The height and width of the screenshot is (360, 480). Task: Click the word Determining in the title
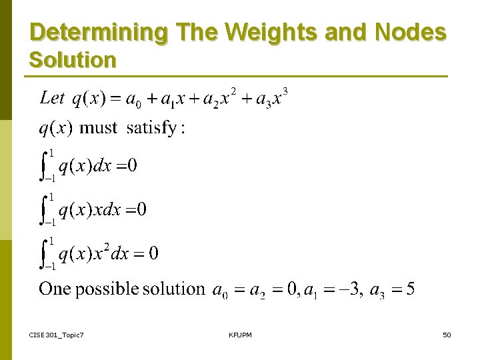pos(90,32)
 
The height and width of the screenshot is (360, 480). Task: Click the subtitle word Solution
pos(73,60)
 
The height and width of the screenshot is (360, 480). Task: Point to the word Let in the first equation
pos(52,98)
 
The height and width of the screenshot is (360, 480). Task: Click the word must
pos(98,128)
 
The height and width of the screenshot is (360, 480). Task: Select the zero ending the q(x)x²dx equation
pos(153,253)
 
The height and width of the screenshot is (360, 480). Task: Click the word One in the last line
pos(55,289)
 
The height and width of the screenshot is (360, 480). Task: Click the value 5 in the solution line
pos(410,289)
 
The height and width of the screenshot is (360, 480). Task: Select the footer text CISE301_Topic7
pos(57,334)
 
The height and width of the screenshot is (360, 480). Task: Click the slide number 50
pos(447,334)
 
